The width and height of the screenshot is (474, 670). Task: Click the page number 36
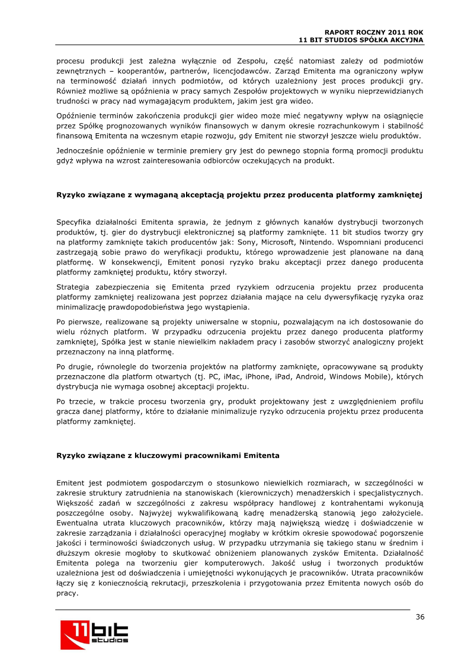click(419, 617)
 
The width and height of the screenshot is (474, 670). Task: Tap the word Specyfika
click(75, 221)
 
